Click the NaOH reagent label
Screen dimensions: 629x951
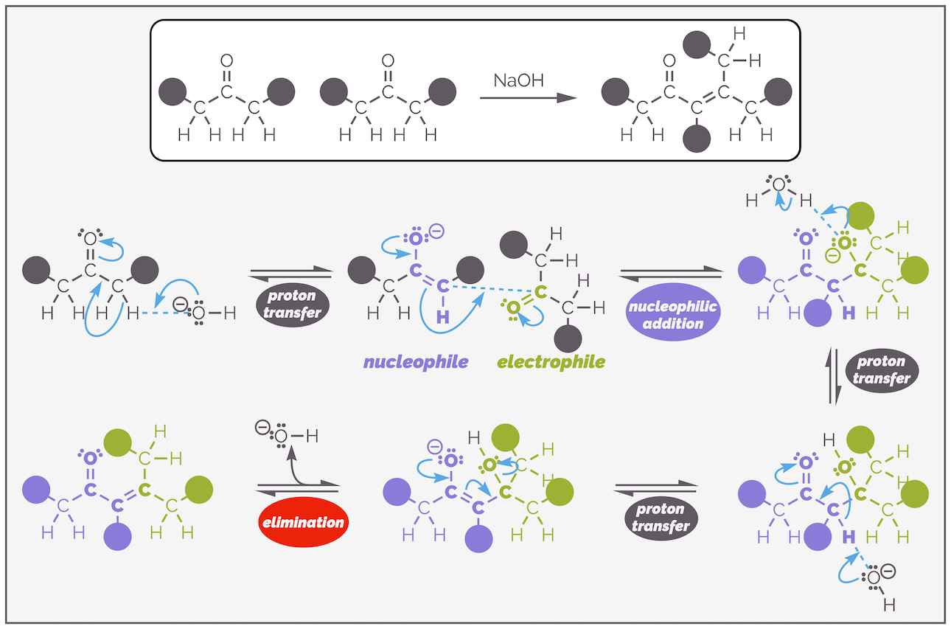[518, 80]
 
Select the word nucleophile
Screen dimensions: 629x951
[416, 362]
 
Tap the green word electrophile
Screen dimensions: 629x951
[551, 362]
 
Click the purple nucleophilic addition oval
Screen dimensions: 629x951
[672, 314]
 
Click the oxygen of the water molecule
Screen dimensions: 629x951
[779, 184]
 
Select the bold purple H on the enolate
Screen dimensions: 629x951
[442, 317]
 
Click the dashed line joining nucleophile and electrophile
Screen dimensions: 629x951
[487, 288]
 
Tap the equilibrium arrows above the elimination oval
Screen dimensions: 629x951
[298, 488]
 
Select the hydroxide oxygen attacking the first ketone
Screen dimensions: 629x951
[198, 313]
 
